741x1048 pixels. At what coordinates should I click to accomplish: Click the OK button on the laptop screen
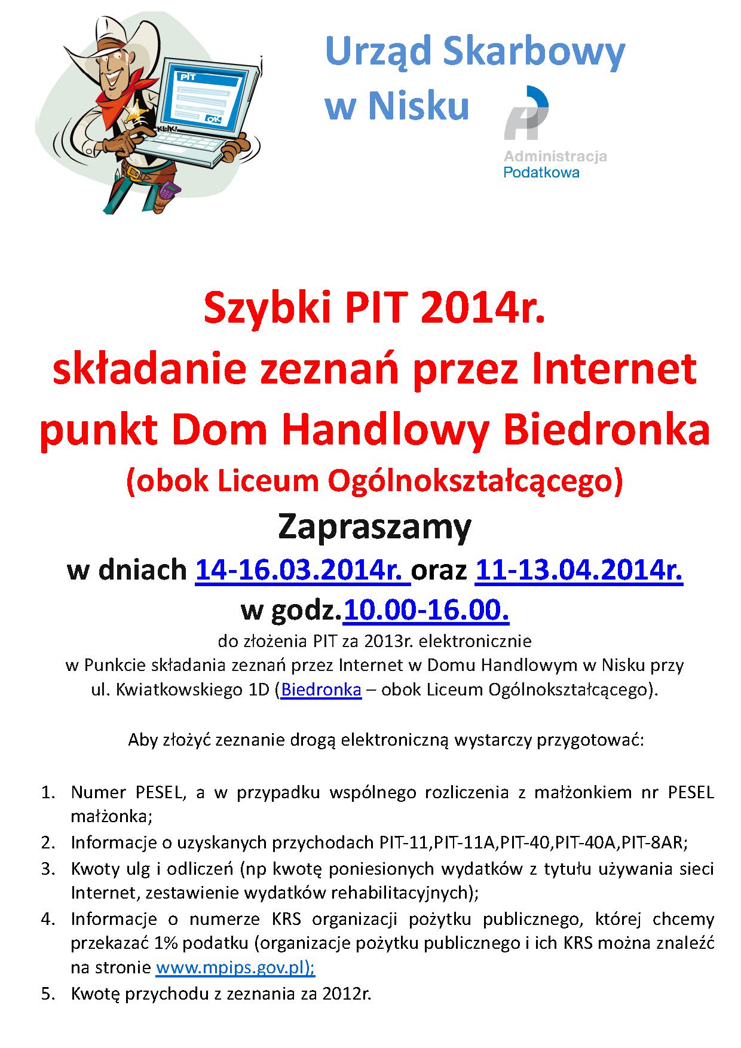(x=213, y=119)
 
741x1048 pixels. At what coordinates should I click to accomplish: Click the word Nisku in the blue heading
(x=418, y=106)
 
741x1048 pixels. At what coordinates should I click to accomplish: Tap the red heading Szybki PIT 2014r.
(x=375, y=309)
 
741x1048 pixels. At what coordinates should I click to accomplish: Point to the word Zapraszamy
(x=375, y=527)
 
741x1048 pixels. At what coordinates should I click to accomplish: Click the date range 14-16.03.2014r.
(x=302, y=569)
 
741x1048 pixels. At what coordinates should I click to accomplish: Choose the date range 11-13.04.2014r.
(x=578, y=569)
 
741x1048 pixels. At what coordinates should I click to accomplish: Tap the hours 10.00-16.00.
(x=426, y=610)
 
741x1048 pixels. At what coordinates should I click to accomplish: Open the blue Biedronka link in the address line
(x=321, y=689)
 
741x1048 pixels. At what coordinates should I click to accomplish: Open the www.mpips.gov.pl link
(x=235, y=967)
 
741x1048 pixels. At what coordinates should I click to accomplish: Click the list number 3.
(x=47, y=868)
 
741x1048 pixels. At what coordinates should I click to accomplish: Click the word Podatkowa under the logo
(x=541, y=172)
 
